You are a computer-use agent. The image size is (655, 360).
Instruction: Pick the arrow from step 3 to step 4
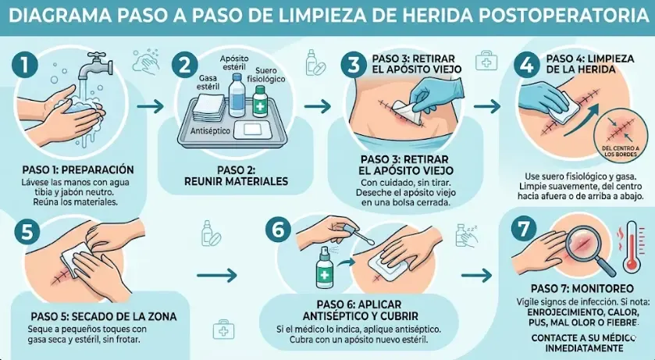tap(486, 105)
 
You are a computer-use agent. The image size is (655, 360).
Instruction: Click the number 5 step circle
tap(27, 232)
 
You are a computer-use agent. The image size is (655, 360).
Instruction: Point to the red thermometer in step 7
tap(630, 248)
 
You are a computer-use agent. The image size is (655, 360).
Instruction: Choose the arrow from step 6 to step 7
tap(478, 274)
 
